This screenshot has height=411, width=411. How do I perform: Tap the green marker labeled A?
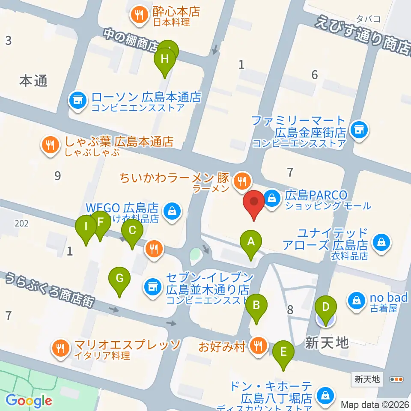click(x=251, y=242)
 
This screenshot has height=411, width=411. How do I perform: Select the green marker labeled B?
click(x=256, y=306)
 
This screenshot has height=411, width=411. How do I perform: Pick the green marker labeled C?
click(x=132, y=231)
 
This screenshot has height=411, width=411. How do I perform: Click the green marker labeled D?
click(x=326, y=307)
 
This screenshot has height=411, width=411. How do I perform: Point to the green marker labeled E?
click(x=283, y=352)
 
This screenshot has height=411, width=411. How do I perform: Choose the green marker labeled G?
click(x=120, y=279)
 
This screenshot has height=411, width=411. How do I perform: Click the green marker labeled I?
click(x=86, y=227)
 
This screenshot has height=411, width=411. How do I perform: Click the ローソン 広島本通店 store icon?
click(x=77, y=101)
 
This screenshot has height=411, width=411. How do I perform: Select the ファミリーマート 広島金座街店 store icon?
click(x=358, y=130)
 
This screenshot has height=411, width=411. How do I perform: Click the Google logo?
click(x=29, y=401)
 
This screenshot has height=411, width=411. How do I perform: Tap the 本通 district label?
click(x=33, y=80)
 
